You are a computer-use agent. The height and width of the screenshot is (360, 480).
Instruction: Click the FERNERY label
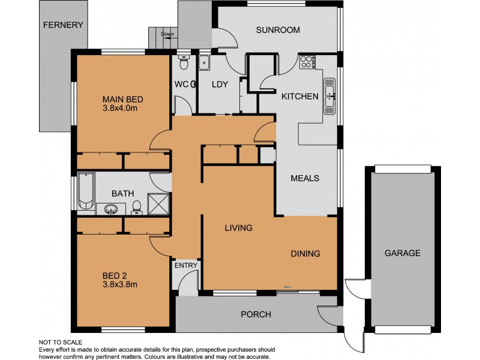pyautogui.click(x=63, y=25)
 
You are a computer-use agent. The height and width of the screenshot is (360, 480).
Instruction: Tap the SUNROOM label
pyautogui.click(x=278, y=30)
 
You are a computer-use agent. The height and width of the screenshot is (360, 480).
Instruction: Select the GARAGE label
pyautogui.click(x=402, y=253)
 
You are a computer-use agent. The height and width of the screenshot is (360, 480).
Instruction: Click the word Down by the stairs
pyautogui.click(x=167, y=34)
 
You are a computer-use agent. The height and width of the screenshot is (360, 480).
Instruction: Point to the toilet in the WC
pyautogui.click(x=185, y=62)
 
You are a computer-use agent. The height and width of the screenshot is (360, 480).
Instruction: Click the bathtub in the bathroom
pyautogui.click(x=86, y=190)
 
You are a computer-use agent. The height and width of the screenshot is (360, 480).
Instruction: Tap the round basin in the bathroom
pyautogui.click(x=110, y=209)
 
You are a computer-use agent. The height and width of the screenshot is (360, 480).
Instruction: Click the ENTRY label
pyautogui.click(x=186, y=265)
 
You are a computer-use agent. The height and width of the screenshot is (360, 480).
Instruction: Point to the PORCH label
pyautogui.click(x=256, y=314)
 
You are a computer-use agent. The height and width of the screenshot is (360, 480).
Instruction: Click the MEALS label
pyautogui.click(x=304, y=178)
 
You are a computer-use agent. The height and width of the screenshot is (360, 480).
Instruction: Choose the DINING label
pyautogui.click(x=305, y=253)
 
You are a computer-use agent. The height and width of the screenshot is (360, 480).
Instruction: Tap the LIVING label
pyautogui.click(x=238, y=228)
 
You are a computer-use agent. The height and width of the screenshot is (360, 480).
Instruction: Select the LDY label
pyautogui.click(x=220, y=85)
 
